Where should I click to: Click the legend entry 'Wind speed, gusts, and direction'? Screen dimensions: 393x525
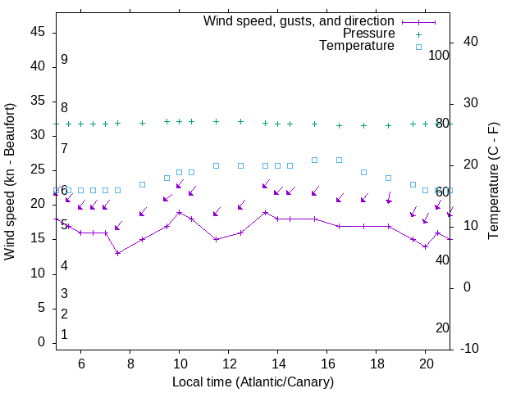tap(299, 20)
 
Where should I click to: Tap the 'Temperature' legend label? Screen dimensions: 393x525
tap(357, 46)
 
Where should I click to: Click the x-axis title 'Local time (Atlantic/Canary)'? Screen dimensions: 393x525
tap(253, 382)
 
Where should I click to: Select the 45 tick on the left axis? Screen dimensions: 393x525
tap(37, 31)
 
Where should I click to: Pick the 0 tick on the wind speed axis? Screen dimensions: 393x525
tap(41, 342)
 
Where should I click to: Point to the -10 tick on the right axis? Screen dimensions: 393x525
tap(470, 349)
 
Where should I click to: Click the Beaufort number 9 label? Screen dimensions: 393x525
tap(64, 60)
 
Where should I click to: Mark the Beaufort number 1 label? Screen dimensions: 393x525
tap(64, 334)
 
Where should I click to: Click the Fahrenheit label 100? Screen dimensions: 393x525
tap(440, 55)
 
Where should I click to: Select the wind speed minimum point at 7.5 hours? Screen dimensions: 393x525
tap(117, 253)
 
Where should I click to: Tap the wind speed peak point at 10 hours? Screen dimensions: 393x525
tap(179, 212)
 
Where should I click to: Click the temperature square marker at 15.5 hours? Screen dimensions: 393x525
tap(314, 160)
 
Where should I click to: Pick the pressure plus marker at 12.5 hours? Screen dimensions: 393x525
tap(240, 121)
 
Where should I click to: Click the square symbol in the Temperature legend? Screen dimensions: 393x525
tap(418, 47)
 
